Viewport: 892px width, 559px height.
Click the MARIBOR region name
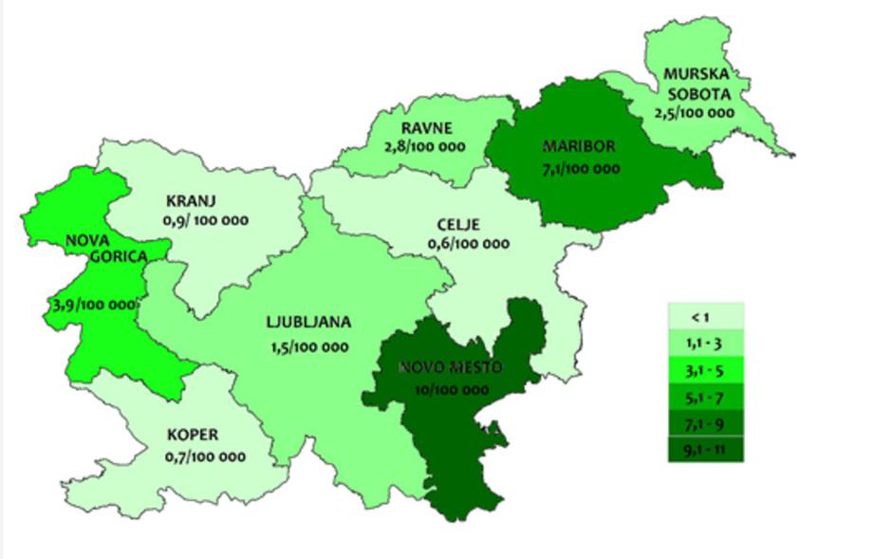pos(579,147)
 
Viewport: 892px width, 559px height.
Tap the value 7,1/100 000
pos(581,169)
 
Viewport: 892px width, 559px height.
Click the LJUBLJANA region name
pos(308,323)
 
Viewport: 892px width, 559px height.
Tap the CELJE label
pos(459,225)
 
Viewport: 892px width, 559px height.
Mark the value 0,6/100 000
pos(469,244)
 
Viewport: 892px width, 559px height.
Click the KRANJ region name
pos(192,201)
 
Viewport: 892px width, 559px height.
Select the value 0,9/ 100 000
pos(206,220)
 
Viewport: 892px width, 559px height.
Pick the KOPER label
pos(193,436)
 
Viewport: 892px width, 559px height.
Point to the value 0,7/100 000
pos(204,457)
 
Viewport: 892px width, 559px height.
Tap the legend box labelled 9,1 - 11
pos(705,448)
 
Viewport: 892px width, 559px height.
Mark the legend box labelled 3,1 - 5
pos(705,368)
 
